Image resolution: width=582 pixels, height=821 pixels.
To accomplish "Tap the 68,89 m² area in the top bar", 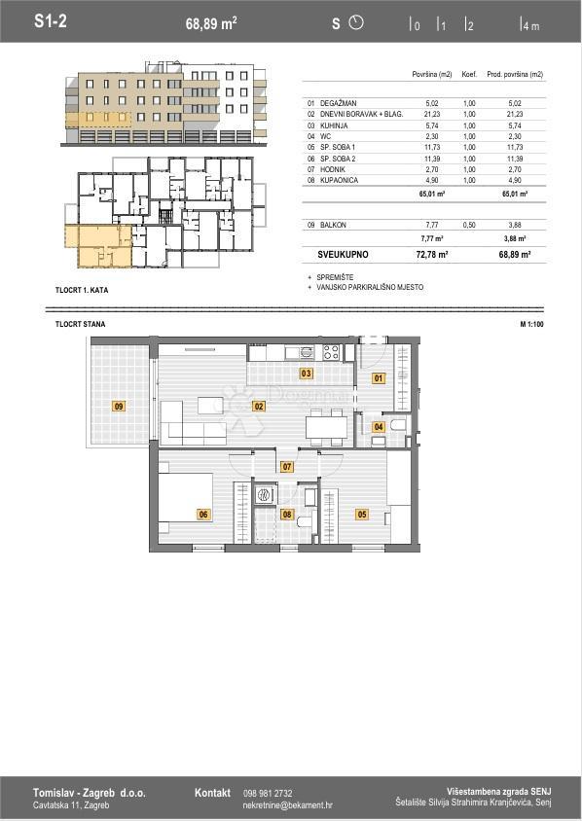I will click(211, 22).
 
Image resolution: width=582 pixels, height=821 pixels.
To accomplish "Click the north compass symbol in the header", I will click(355, 22).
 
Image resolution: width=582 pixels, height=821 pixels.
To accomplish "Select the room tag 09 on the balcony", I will click(119, 406).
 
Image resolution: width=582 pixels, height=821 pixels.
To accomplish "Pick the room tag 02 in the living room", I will click(259, 406).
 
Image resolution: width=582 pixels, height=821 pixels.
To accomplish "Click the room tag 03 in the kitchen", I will click(306, 373).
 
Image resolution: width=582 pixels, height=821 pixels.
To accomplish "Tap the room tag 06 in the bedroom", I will click(203, 514).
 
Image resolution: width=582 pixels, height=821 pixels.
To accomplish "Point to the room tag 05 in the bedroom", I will click(362, 514).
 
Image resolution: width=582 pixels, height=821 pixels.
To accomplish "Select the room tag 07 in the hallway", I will click(287, 467).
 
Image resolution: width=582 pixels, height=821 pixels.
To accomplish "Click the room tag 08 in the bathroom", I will click(287, 514).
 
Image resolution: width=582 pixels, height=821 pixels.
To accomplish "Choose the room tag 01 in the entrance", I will click(379, 377).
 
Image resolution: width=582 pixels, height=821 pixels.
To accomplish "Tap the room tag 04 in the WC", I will click(379, 426).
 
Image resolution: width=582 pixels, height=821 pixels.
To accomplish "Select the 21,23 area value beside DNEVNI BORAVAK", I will click(431, 114).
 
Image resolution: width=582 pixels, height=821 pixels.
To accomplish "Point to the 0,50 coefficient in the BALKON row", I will click(470, 225).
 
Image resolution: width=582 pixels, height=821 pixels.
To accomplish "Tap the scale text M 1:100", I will click(531, 324).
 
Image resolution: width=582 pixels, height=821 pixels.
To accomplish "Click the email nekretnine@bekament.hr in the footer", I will click(287, 805).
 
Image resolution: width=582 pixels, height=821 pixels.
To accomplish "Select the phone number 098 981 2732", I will click(267, 793).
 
